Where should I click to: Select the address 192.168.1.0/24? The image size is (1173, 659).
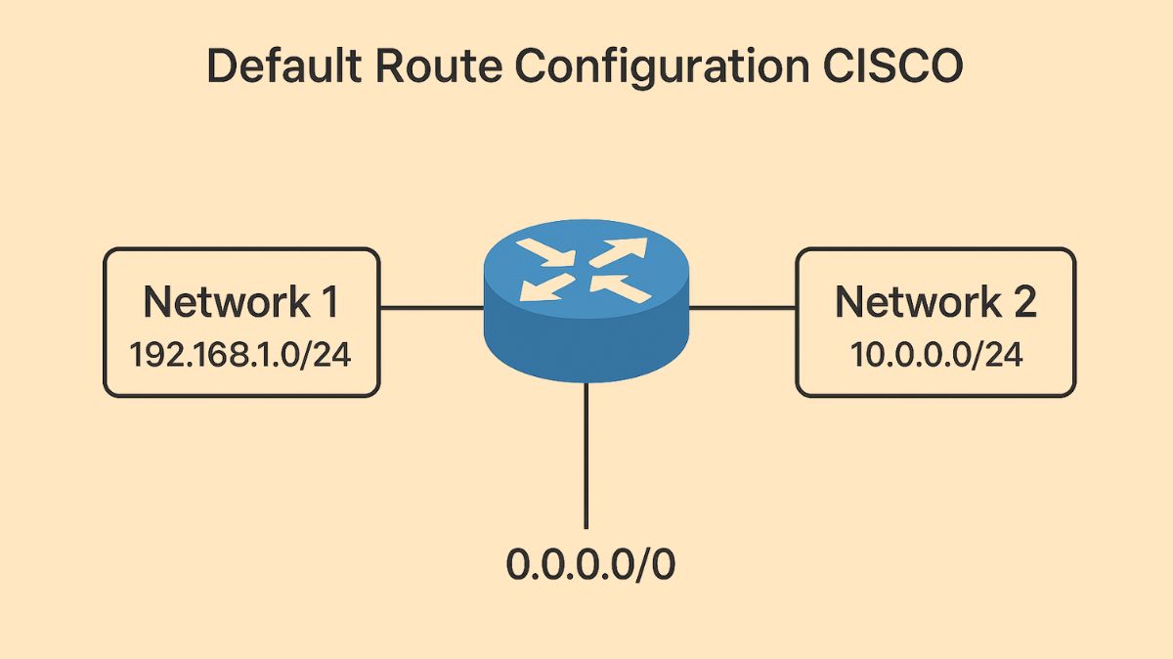pyautogui.click(x=240, y=354)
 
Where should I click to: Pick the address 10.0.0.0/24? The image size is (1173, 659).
pyautogui.click(x=935, y=354)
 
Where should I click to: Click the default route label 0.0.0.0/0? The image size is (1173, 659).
pyautogui.click(x=589, y=565)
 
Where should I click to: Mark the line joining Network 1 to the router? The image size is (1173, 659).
pyautogui.click(x=431, y=308)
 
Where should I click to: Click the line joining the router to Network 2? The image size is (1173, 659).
pyautogui.click(x=742, y=308)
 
